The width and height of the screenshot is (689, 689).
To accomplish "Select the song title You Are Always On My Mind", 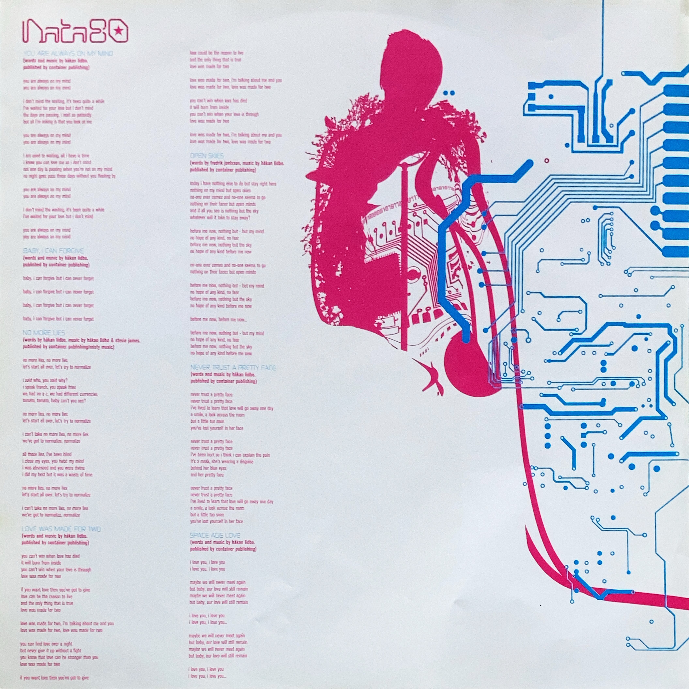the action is point(68,54).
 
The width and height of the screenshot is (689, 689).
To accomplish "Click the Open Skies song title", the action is point(207,156).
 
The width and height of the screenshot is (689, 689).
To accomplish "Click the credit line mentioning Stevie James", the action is point(82,341).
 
